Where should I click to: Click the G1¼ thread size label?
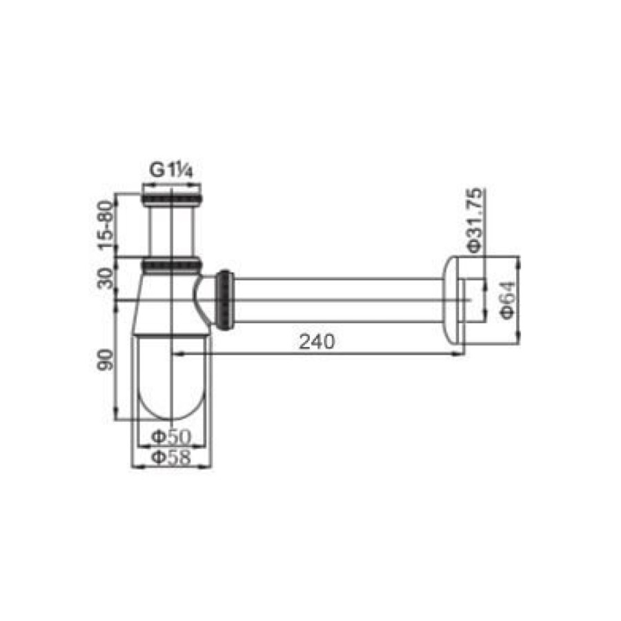[171, 170]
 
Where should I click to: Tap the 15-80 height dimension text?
[106, 226]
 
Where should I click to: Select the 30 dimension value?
[106, 279]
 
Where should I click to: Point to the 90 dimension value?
[106, 359]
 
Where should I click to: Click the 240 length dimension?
[317, 342]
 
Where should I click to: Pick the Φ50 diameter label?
[171, 437]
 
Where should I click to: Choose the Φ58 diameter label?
[171, 457]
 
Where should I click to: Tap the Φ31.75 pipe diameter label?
[475, 220]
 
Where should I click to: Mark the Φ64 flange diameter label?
[508, 300]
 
